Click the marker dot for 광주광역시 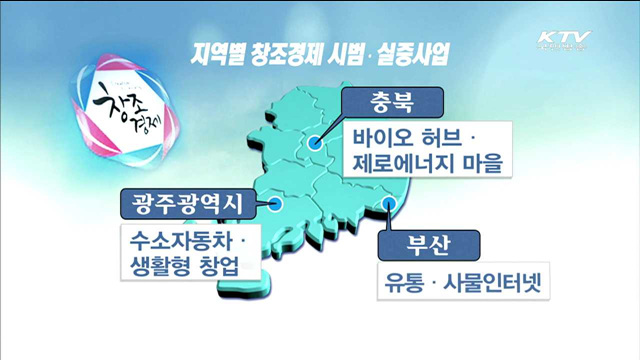278,205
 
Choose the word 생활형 151,267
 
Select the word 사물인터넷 492,283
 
